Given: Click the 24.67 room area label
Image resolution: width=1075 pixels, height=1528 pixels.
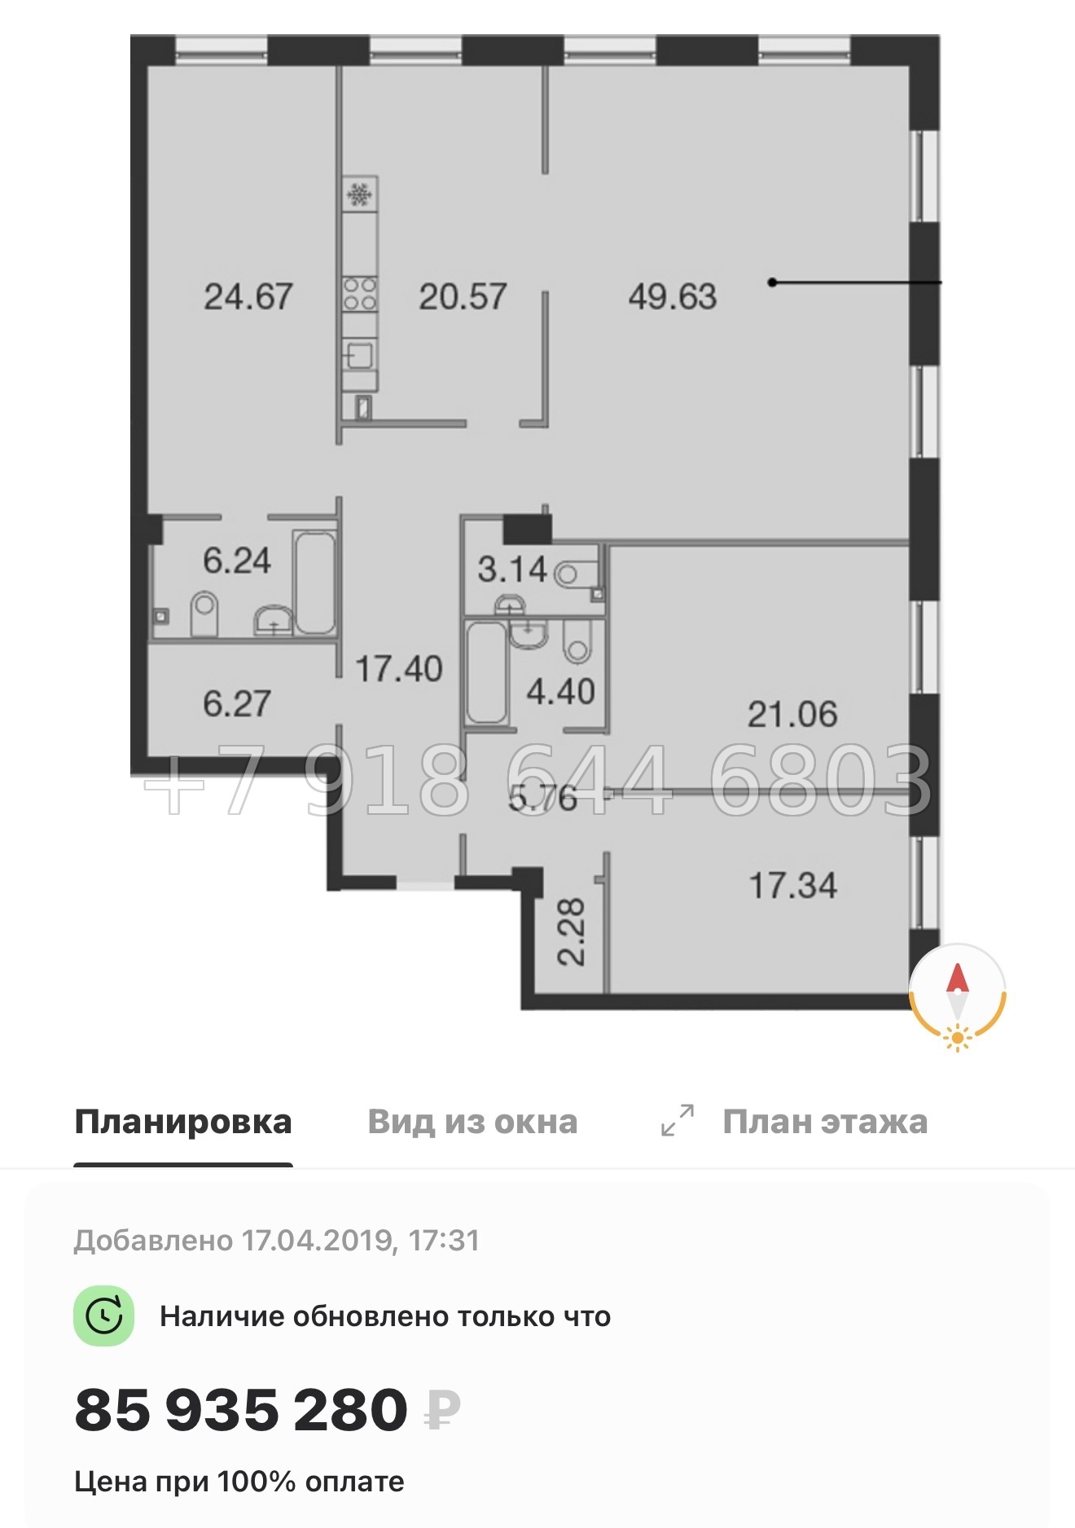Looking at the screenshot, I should [248, 296].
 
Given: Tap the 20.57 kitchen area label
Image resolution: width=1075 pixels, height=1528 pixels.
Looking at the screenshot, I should [463, 296].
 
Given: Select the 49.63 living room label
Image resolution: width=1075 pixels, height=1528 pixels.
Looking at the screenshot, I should [673, 296].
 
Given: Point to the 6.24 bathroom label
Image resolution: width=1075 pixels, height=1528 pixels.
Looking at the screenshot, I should [236, 561].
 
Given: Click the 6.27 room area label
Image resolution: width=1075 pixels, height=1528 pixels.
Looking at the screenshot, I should [236, 703].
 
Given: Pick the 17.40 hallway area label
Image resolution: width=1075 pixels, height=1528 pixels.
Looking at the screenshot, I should [399, 669].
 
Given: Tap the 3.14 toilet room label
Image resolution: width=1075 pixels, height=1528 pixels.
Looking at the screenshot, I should [512, 569].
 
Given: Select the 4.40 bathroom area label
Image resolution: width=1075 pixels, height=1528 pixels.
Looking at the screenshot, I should [560, 692].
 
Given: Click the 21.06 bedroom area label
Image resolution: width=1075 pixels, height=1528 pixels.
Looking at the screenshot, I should [792, 715].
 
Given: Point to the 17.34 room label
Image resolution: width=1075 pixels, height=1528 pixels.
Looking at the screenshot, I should [792, 886].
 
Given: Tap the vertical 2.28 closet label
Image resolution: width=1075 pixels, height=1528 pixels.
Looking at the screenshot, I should [571, 931].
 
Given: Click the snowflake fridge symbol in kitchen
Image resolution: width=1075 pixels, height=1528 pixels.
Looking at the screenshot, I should [360, 195].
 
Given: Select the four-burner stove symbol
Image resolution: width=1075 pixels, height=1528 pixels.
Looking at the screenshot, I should [360, 294].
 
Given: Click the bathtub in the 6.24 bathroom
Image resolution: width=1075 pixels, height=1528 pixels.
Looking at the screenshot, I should [314, 582].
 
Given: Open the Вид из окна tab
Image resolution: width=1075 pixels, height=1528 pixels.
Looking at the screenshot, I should [472, 1122].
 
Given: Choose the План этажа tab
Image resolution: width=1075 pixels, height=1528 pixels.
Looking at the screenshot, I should [824, 1122].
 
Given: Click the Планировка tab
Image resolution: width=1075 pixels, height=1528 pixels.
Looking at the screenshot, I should [183, 1122].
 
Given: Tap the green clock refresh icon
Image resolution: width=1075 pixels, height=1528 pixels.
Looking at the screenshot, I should [103, 1316].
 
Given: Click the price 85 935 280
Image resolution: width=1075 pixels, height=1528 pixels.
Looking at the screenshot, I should [241, 1411].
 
